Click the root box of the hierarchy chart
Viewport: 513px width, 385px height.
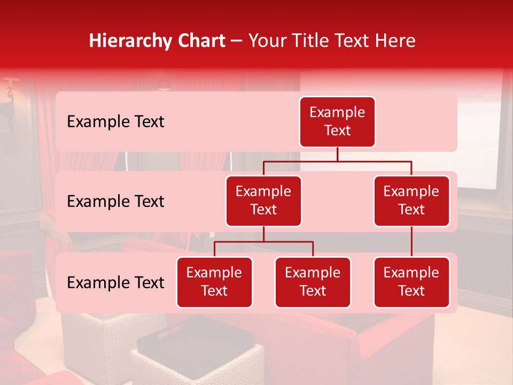pos(337,121)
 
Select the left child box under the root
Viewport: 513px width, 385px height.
pos(263,201)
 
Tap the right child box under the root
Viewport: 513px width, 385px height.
pos(411,201)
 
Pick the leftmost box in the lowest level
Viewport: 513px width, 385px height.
pos(214,282)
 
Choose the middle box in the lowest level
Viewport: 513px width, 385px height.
pos(313,282)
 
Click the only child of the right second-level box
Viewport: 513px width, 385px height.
pos(411,282)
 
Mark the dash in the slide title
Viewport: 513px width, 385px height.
pos(236,41)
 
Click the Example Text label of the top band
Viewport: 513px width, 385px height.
pos(115,122)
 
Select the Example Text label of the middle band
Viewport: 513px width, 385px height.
pos(115,202)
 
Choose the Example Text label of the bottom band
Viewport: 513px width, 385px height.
pos(115,282)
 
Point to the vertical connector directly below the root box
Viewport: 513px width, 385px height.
pos(337,154)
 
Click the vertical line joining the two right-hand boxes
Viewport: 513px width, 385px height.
pos(411,242)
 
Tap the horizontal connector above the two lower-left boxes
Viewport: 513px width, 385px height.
pos(263,242)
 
